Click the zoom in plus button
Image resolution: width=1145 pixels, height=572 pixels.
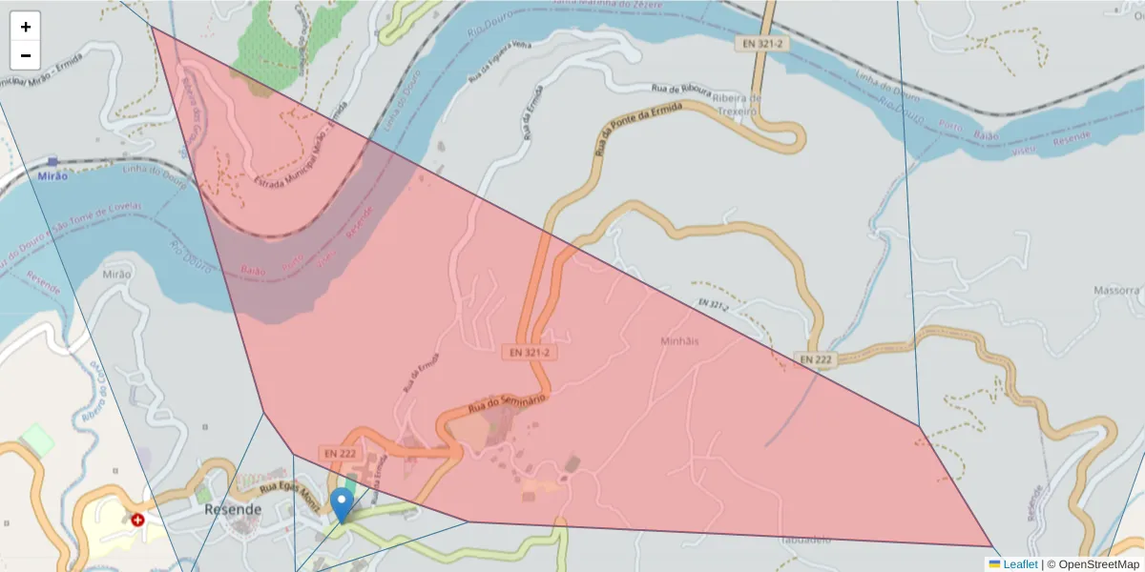click(x=26, y=27)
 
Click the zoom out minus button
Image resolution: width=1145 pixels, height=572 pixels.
click(x=26, y=55)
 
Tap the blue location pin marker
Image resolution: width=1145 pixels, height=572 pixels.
click(x=342, y=503)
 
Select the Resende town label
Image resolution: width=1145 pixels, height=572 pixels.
click(x=233, y=509)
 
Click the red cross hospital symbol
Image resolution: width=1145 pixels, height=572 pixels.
click(x=138, y=521)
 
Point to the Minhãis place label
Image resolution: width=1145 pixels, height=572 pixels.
click(x=679, y=340)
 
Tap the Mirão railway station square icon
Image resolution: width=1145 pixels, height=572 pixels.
click(x=52, y=162)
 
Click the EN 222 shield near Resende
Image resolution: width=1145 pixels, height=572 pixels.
click(x=340, y=453)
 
